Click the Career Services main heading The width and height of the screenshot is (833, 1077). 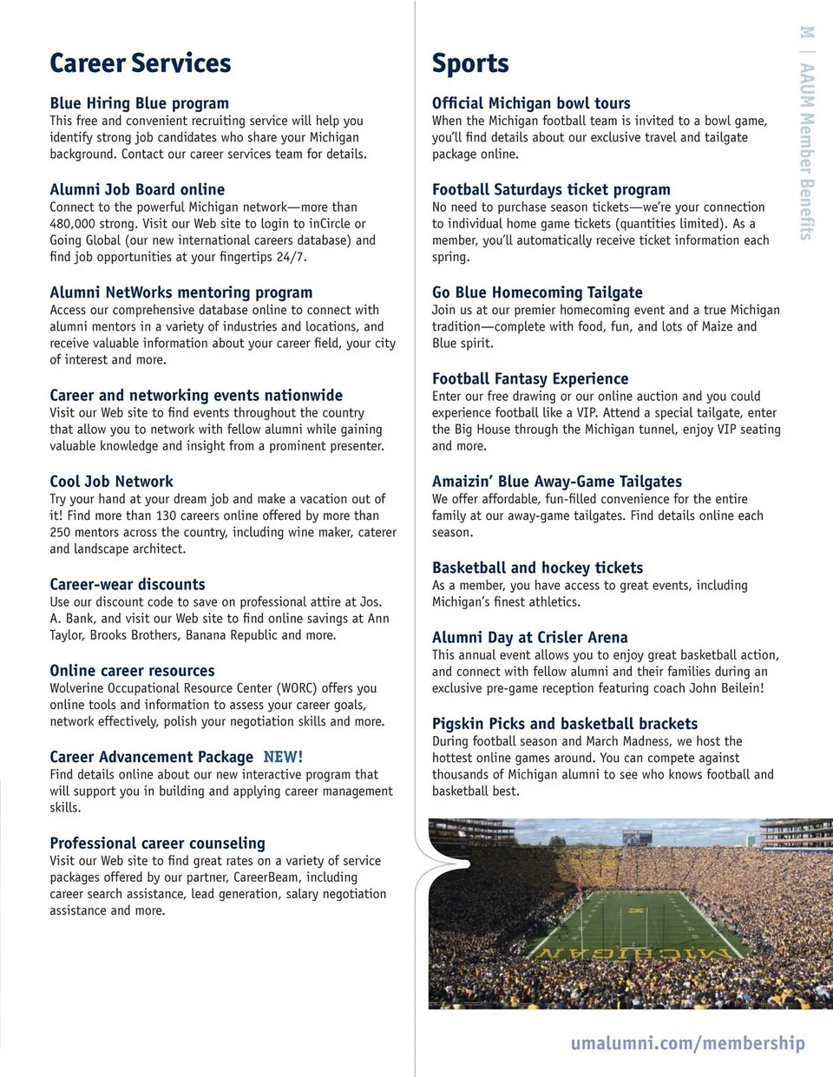pos(141,63)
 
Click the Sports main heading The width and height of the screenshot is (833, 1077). pos(470,63)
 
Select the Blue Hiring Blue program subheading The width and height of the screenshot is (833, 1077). pos(140,103)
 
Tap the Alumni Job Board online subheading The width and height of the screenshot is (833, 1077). pos(137,189)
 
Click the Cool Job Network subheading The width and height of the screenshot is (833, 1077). pos(111,482)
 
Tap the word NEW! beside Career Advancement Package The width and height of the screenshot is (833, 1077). pos(283,757)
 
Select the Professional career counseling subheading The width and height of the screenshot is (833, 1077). pos(157,843)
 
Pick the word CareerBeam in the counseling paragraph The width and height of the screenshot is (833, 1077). pos(265,877)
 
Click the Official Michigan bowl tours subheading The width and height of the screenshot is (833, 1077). pos(531,103)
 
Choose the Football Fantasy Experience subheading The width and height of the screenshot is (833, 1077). pos(530,378)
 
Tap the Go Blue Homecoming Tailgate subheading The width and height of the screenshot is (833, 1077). pos(537,292)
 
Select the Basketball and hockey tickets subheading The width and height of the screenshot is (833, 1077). pos(537,568)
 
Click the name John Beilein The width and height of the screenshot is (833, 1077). pos(727,688)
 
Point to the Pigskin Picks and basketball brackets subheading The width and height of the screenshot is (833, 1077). pos(565,724)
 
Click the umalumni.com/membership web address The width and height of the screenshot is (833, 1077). pos(687,1043)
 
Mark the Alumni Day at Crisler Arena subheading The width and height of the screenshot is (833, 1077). pos(529,637)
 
